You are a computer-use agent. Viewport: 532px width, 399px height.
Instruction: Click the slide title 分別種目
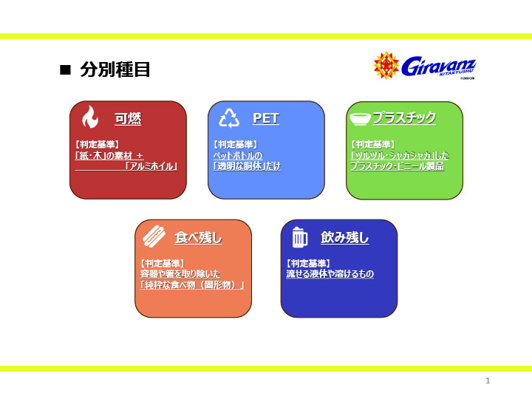coord(115,69)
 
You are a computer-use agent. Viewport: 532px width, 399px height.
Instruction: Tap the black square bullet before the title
coord(65,70)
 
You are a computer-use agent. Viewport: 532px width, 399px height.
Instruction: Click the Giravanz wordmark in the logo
coord(439,66)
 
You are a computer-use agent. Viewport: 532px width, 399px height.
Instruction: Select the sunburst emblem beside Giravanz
coord(386,65)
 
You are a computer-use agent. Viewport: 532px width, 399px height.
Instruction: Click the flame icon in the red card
coord(90,117)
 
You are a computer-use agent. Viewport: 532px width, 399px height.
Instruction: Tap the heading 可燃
coord(128,119)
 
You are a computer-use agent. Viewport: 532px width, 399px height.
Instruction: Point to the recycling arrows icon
coord(229,118)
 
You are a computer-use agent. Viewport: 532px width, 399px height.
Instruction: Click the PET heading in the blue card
coord(266,118)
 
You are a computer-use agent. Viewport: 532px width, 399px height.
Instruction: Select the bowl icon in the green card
coord(360,119)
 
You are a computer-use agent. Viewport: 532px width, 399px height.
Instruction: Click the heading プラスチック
coord(404,117)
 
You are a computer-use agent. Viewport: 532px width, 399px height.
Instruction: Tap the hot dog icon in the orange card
coord(154,236)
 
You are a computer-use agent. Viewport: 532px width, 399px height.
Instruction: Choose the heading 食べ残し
coord(198,237)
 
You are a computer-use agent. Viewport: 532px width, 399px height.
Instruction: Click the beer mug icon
coord(299,237)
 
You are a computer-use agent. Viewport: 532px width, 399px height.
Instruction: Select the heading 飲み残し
coord(345,237)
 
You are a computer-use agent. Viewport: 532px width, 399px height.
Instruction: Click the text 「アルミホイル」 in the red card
coord(151,166)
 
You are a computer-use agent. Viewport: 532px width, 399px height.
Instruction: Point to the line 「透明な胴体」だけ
coord(247,166)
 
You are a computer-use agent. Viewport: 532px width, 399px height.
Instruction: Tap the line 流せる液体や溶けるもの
coord(330,274)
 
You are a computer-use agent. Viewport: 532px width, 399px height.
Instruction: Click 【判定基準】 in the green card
coord(373,145)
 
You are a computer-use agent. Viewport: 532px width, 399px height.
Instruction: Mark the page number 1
coord(488,381)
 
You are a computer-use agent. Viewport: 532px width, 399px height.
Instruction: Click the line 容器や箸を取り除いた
coord(180,274)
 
